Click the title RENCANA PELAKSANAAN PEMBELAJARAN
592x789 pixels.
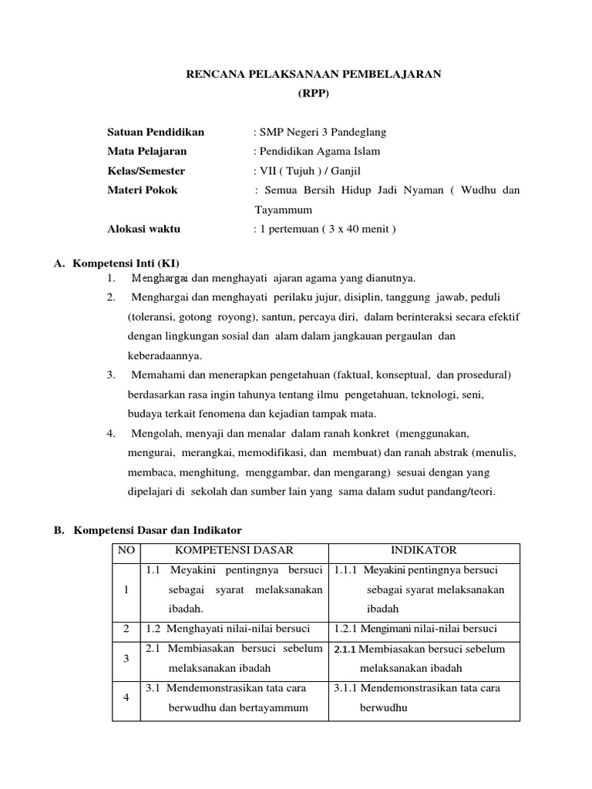point(314,74)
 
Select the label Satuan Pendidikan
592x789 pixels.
point(156,132)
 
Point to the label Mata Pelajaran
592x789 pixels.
point(147,151)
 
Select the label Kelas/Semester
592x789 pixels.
point(146,171)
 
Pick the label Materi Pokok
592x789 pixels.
point(142,190)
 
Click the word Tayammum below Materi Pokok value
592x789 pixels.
point(284,210)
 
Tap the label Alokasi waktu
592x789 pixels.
point(144,229)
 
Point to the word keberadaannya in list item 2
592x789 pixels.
point(164,355)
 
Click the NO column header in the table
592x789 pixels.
point(126,550)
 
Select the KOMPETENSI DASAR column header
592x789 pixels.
point(234,550)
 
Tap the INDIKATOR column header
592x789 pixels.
point(423,550)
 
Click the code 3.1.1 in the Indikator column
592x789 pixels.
point(346,687)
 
